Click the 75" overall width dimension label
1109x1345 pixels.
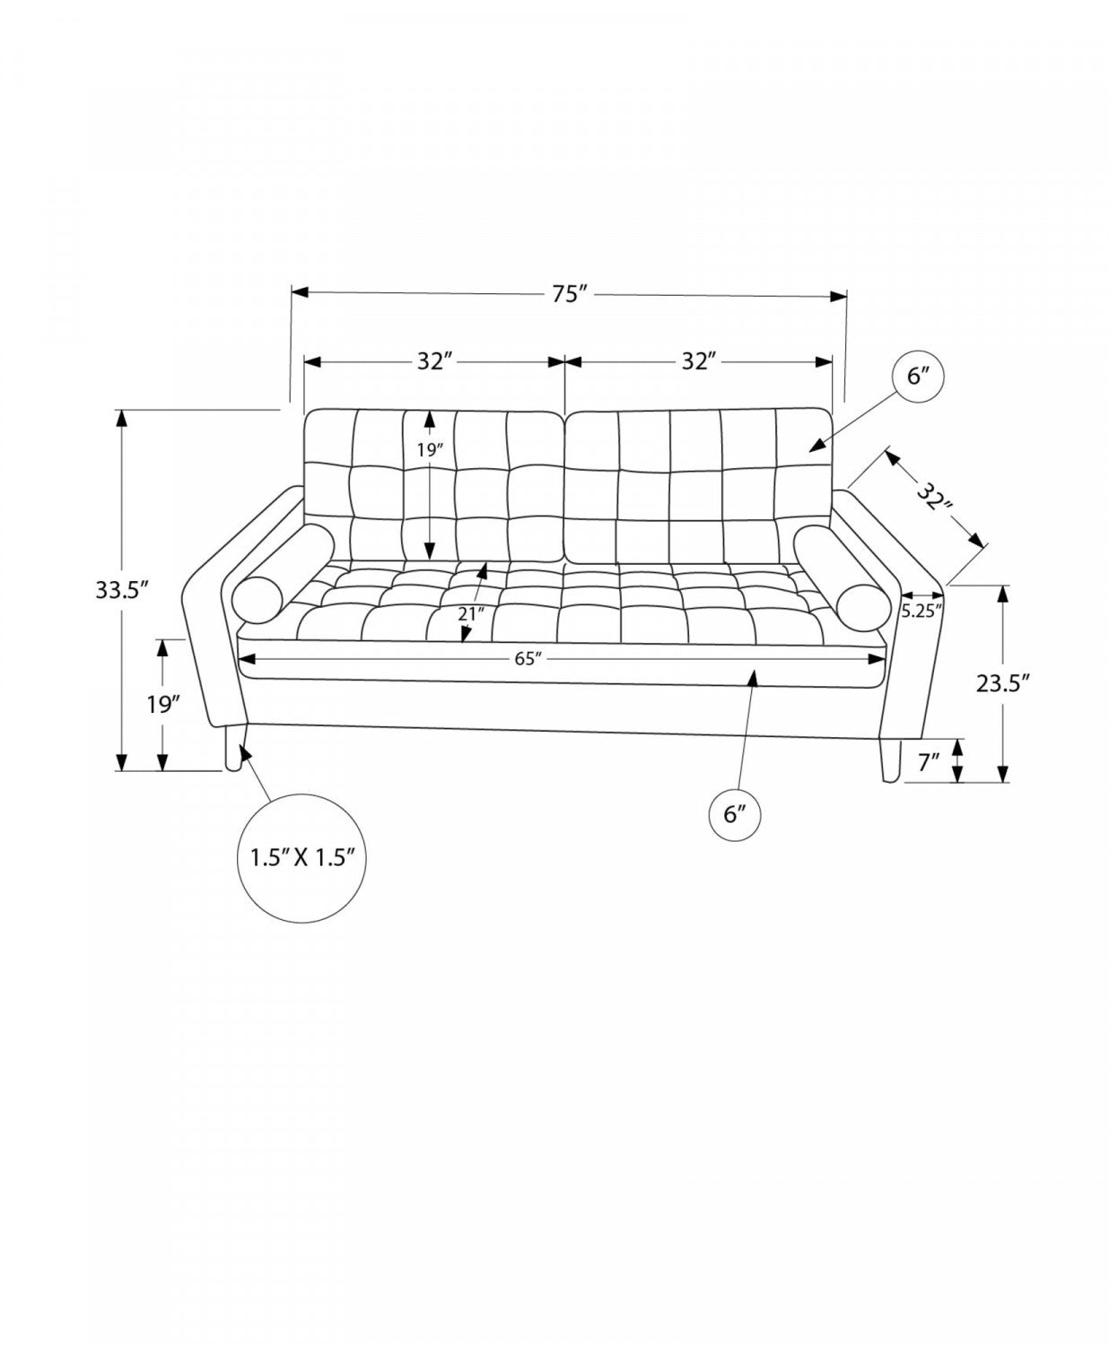point(570,294)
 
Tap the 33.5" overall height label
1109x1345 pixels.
point(123,590)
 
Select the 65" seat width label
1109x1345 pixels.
point(528,659)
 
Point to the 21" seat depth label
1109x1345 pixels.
point(471,614)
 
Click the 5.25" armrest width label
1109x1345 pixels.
point(922,612)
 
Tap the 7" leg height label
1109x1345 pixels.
point(929,763)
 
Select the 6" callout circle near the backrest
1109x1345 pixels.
point(917,376)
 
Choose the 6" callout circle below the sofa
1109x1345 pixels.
point(734,815)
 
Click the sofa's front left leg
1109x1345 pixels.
point(232,747)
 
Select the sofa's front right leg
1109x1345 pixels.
point(889,760)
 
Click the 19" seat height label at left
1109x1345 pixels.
point(162,705)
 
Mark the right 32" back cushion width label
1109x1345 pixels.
point(700,361)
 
